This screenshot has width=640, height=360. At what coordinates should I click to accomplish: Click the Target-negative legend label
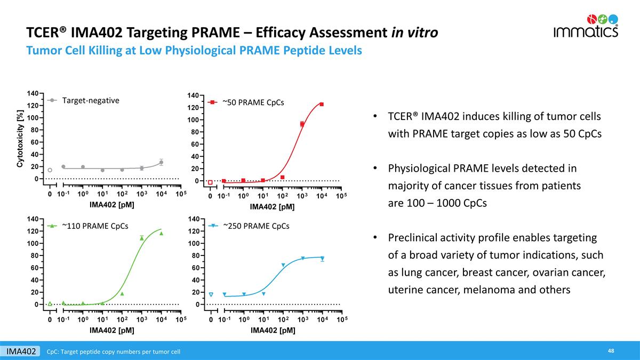coord(90,100)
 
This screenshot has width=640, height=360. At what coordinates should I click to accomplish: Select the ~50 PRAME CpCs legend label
coord(253,102)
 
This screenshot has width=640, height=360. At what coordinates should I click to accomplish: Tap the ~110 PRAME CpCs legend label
coord(95,226)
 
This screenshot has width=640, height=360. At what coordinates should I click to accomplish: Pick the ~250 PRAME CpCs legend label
coord(256,226)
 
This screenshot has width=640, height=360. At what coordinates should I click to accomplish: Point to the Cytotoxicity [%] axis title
coord(20,139)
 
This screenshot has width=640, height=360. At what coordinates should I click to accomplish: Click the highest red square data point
coord(322,104)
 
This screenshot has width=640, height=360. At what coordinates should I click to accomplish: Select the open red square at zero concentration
coord(210,182)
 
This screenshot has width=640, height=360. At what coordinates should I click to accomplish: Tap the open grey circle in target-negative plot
coord(50,170)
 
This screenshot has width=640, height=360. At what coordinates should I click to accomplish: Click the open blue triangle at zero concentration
coord(211,294)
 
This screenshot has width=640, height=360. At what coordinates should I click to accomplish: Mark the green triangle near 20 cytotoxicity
coord(122,293)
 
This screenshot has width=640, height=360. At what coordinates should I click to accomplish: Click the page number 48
coord(611,350)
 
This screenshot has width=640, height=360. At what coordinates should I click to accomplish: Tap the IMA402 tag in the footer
coord(21,351)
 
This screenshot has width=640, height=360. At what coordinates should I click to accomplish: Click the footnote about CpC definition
coord(113,351)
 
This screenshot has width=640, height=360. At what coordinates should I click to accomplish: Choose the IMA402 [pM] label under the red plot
coord(273,206)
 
